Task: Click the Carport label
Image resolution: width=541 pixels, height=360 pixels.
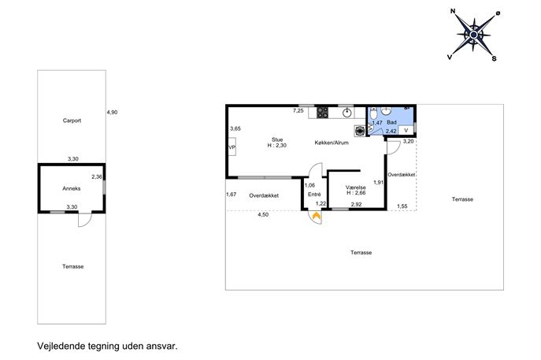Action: point(72,121)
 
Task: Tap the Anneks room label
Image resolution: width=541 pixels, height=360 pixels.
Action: point(72,188)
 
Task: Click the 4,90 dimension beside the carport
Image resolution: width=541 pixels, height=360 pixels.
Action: point(112,112)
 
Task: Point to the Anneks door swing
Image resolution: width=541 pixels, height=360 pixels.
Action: point(85,221)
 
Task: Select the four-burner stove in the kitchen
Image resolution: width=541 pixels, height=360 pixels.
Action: point(323,113)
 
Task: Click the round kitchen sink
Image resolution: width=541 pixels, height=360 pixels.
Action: point(348,113)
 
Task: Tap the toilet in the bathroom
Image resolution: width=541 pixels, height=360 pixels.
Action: point(373,113)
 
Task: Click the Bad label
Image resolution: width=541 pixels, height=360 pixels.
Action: point(391,122)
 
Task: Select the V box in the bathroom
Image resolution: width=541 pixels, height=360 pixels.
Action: point(406,130)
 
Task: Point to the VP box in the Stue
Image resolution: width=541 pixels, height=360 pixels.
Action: point(232,147)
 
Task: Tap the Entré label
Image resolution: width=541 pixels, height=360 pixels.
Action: point(314,195)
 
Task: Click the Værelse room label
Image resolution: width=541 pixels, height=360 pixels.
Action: point(356,187)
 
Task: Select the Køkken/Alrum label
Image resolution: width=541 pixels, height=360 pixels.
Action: point(332,143)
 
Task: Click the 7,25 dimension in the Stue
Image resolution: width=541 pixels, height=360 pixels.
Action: point(298,110)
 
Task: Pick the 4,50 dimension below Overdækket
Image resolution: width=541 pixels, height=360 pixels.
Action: point(263,215)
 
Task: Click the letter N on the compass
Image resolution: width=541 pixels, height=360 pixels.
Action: point(453,11)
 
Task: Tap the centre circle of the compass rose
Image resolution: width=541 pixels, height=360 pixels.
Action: point(474,35)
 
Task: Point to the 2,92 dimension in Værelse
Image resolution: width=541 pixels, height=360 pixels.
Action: point(356,204)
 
